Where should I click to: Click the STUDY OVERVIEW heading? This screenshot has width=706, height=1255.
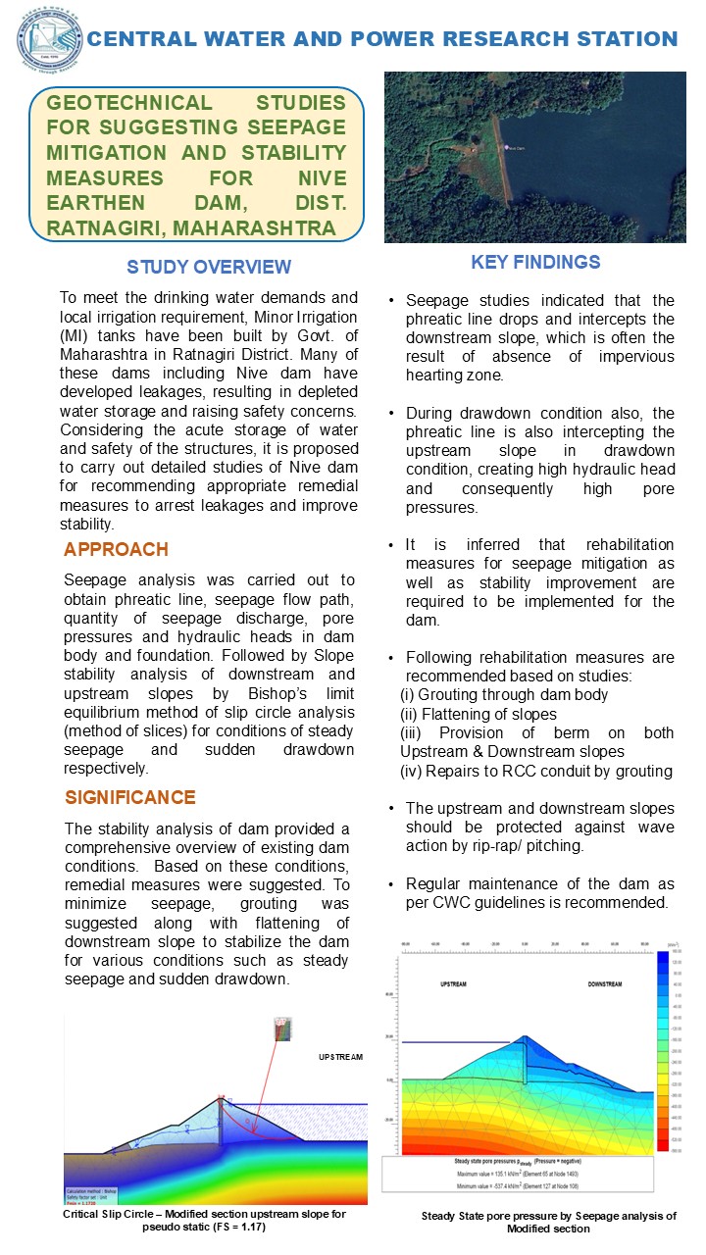[x=208, y=267]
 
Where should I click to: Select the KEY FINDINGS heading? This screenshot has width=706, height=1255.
[x=535, y=262]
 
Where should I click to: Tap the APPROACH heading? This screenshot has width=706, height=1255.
[x=116, y=549]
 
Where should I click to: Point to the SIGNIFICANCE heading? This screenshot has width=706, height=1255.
[x=129, y=797]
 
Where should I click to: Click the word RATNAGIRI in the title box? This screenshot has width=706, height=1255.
[x=107, y=228]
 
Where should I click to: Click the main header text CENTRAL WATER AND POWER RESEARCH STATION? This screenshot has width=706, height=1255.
[x=382, y=39]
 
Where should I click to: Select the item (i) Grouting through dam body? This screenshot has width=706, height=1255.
[x=504, y=694]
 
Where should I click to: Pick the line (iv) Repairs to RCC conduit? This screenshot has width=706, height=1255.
[x=535, y=771]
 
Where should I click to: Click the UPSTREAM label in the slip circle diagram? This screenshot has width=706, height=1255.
[x=340, y=1058]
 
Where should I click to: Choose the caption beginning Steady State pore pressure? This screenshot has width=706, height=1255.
[x=548, y=1222]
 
